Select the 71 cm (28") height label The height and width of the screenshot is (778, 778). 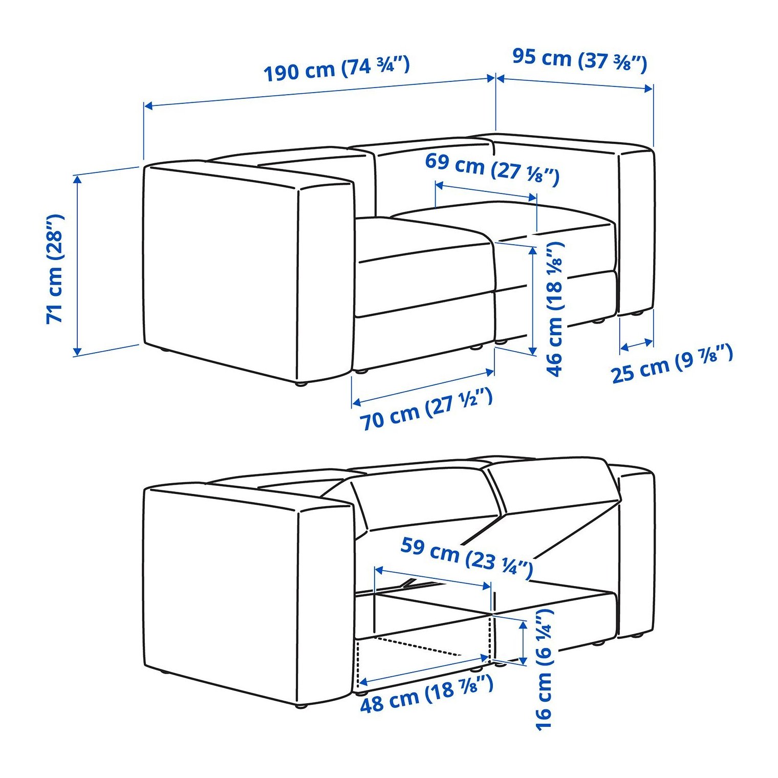click(x=55, y=269)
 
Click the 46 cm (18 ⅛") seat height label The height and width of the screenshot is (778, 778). click(x=555, y=310)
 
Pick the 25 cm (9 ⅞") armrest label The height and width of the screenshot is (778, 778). click(x=672, y=364)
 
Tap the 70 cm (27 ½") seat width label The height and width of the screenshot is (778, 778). click(x=426, y=409)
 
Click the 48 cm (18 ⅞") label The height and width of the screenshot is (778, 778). click(x=427, y=695)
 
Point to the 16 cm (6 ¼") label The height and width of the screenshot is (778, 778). click(x=544, y=669)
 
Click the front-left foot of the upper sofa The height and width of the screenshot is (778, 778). click(x=300, y=382)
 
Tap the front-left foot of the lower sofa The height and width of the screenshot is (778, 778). click(x=301, y=706)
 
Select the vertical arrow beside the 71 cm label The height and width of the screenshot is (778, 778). click(x=77, y=265)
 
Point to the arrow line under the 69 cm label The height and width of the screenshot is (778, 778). click(x=486, y=190)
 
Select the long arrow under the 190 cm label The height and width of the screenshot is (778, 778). click(x=320, y=92)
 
